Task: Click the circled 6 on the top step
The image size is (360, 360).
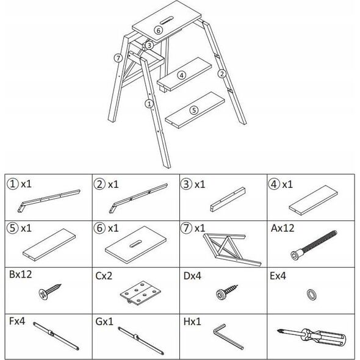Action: point(158,30)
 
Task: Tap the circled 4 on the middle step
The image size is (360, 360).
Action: point(182,75)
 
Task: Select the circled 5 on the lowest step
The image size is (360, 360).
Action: point(194,110)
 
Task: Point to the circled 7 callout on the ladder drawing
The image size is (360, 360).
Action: point(118,58)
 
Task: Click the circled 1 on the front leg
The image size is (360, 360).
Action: point(149,104)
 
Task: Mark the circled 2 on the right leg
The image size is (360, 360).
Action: point(221,74)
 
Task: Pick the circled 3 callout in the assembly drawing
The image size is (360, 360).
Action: point(149,45)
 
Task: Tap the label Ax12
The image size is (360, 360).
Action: point(283,228)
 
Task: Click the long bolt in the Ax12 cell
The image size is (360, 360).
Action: point(314,245)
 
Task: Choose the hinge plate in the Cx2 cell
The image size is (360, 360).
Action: point(140,293)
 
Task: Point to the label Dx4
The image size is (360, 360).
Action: point(192,276)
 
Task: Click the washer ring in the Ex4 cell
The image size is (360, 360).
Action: point(312,295)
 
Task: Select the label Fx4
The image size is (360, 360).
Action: point(17,321)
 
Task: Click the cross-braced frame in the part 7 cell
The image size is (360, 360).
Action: point(232,250)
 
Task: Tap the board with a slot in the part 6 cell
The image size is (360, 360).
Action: point(135,244)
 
